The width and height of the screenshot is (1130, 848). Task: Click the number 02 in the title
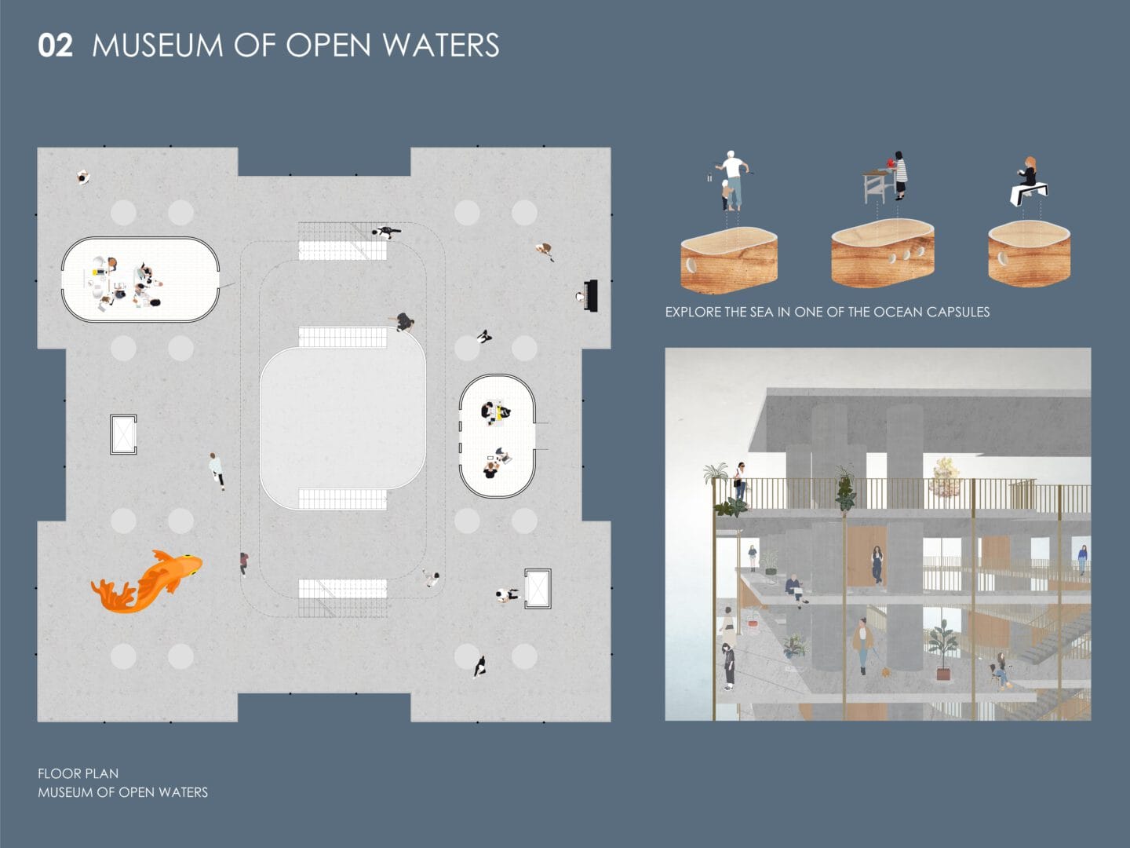55,46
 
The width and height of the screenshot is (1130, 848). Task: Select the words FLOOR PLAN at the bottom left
78,773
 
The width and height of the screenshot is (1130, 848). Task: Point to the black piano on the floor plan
589,295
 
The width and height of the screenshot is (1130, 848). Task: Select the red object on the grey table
890,163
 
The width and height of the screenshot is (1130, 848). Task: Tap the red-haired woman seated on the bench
1027,172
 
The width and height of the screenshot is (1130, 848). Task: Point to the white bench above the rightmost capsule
1028,192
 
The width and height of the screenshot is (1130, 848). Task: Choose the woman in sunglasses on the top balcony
740,480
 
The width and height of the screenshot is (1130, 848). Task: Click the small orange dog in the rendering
887,671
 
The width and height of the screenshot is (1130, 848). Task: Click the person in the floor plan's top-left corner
83,177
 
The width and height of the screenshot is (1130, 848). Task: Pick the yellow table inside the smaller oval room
497,414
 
